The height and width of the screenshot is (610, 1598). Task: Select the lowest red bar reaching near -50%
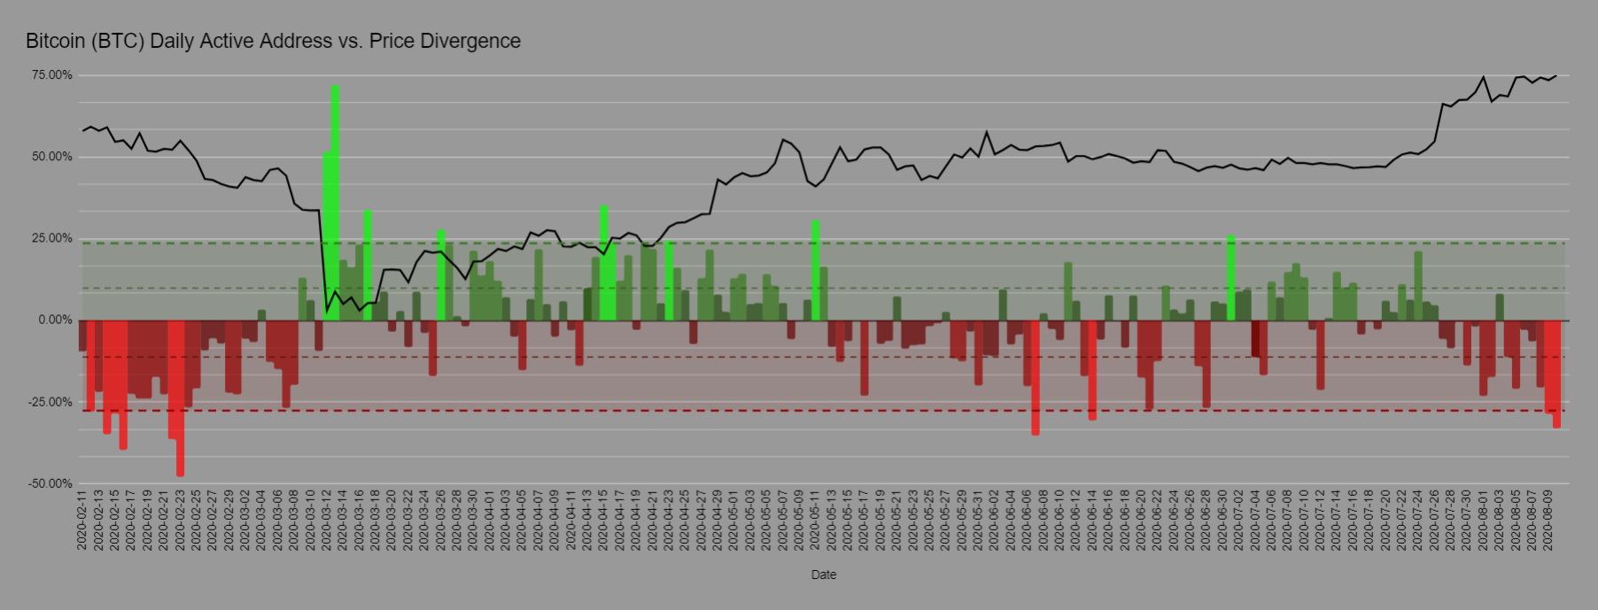point(180,398)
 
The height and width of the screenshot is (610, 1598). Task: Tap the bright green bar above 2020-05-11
point(816,271)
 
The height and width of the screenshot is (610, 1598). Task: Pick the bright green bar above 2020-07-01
point(1231,278)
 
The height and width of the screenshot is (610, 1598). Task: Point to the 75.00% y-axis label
point(52,75)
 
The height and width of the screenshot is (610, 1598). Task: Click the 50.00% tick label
point(52,157)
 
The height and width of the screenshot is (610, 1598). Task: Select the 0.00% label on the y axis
point(55,320)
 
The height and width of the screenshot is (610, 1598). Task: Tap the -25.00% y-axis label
point(50,402)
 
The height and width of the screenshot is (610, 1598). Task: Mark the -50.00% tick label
point(50,483)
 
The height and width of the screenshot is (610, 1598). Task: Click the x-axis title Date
point(824,575)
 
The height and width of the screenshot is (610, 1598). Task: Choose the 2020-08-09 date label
point(1548,521)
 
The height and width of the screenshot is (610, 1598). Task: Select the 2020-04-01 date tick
point(489,521)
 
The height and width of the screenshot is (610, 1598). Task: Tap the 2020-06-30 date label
point(1222,521)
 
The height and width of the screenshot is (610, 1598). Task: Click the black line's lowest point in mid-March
point(327,313)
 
